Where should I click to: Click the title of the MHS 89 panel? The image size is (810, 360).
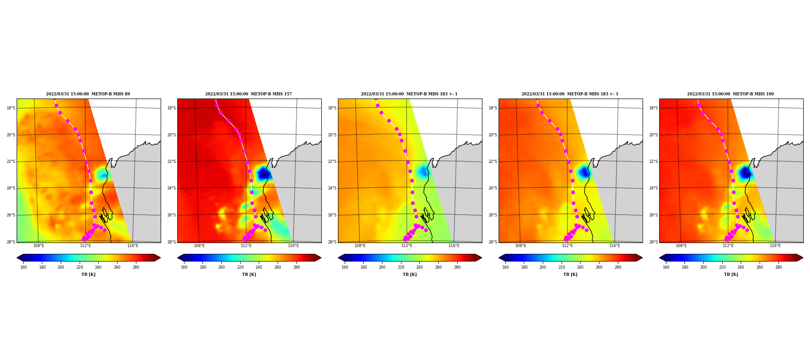88,94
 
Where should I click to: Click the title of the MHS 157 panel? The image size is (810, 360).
248,94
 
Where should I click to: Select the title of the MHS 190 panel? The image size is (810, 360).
730,94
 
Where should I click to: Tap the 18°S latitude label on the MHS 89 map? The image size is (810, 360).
11,108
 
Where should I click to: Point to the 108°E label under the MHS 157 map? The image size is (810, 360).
199,246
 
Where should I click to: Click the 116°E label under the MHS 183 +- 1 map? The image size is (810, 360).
454,246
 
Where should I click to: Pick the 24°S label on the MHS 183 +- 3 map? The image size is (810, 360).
493,188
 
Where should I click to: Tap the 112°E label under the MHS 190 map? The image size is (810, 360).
728,246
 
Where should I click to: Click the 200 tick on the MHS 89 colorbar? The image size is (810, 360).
61,267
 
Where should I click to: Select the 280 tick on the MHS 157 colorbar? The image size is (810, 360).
297,267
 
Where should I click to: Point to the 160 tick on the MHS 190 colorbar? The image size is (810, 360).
666,267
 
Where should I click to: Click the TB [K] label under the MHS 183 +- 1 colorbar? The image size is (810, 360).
409,274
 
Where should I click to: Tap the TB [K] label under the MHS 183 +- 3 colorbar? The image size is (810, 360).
570,274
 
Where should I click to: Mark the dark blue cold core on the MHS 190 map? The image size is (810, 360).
745,172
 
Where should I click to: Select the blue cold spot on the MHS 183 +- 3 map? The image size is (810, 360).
584,172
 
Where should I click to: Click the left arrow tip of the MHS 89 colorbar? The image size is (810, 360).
17,258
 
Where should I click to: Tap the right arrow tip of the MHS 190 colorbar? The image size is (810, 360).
803,258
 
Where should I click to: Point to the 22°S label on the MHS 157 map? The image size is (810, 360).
171,162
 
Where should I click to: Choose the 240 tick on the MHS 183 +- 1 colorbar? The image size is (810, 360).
419,267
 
